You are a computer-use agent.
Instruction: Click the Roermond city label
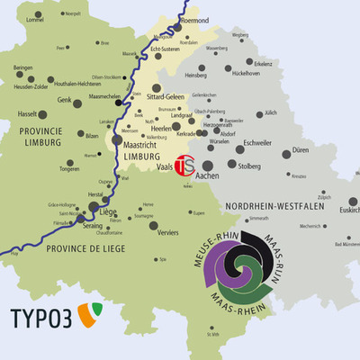pyautogui.click(x=194, y=19)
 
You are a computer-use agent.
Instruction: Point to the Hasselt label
pyautogui.click(x=27, y=114)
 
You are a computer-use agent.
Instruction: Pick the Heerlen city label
pyautogui.click(x=160, y=129)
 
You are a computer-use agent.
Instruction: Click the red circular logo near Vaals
pyautogui.click(x=184, y=166)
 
